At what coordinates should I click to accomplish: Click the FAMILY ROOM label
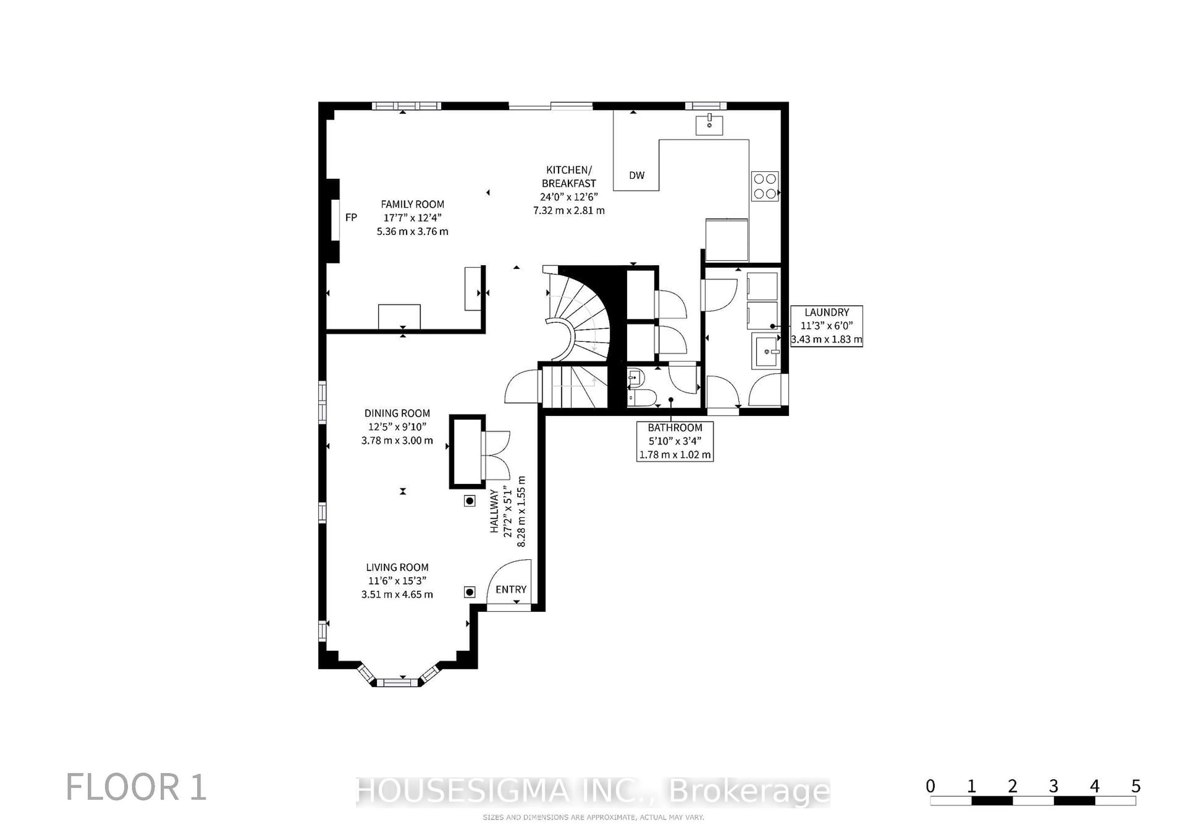click(x=412, y=204)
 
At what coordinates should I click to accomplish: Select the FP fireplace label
click(x=351, y=217)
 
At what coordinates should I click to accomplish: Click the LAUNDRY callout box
click(x=826, y=326)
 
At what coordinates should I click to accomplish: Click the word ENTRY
click(x=511, y=589)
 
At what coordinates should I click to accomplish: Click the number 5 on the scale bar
click(x=1135, y=786)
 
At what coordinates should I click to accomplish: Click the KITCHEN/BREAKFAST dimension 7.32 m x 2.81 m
click(x=569, y=211)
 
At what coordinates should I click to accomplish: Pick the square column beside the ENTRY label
click(x=469, y=592)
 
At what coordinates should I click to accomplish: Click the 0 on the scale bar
click(x=930, y=786)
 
